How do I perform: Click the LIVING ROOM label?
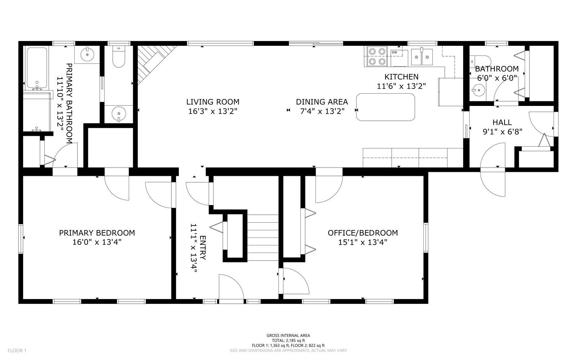point(213,102)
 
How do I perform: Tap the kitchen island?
point(386,107)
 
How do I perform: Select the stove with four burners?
point(377,57)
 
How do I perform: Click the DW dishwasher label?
point(395,53)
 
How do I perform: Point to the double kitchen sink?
point(422,57)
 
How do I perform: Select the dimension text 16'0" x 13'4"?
point(97,242)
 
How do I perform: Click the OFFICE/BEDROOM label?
point(362,233)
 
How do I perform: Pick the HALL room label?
point(502,123)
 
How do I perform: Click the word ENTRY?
point(202,248)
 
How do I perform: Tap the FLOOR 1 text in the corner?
point(17,350)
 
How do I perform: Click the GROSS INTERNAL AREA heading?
point(288,335)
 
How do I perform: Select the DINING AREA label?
point(322,102)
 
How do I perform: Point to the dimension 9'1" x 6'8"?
point(502,132)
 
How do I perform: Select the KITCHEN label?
point(401,77)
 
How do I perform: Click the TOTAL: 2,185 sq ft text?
point(288,341)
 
